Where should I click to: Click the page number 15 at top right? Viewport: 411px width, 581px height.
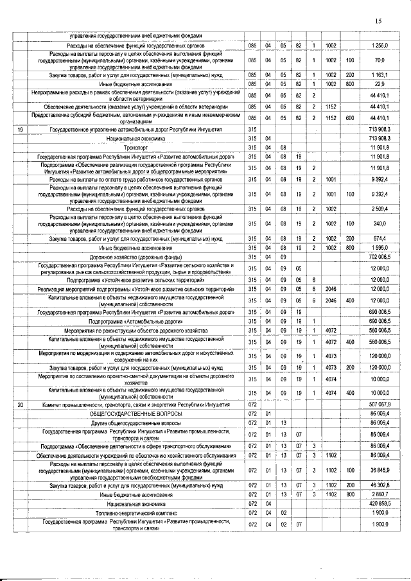tap(378, 21)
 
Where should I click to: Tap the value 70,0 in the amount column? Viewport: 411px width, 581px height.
tap(380, 60)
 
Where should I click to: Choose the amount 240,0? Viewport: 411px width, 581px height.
tap(380, 223)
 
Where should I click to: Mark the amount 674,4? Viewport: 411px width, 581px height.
tap(380, 239)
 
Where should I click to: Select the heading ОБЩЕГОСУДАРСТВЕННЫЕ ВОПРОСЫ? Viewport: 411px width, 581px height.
tap(136, 414)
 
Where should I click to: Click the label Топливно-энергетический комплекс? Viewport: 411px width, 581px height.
tap(136, 513)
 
